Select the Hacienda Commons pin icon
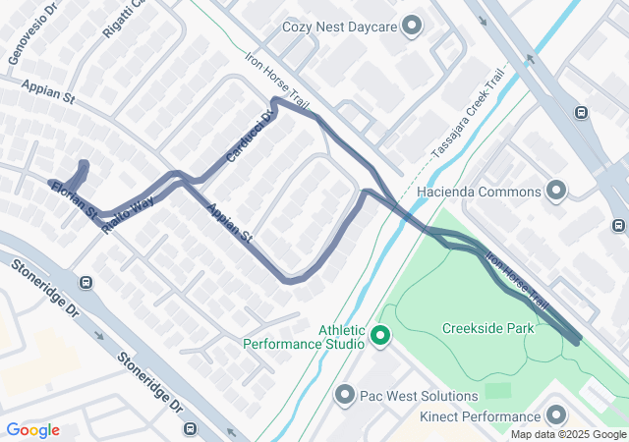coord(557,190)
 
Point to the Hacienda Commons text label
coord(493,190)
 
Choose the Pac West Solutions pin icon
coord(345,396)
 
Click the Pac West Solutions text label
coord(418,396)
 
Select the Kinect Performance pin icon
coord(557,416)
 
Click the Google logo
coord(32,430)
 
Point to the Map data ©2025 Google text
coord(568,434)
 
